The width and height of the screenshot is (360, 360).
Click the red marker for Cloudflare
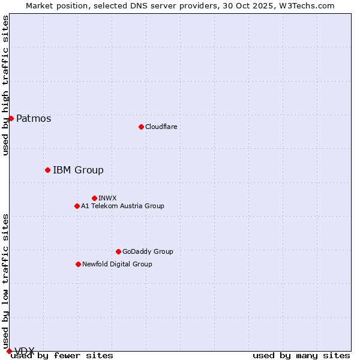pyautogui.click(x=141, y=127)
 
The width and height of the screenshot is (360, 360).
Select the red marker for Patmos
pyautogui.click(x=11, y=118)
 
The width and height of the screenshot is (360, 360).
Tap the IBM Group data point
pyautogui.click(x=47, y=170)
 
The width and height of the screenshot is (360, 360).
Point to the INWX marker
pyautogui.click(x=94, y=198)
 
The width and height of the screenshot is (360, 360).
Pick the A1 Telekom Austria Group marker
pyautogui.click(x=77, y=206)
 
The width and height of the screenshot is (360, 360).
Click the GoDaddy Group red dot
pyautogui.click(x=118, y=251)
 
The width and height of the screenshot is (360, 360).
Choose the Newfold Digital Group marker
pyautogui.click(x=78, y=264)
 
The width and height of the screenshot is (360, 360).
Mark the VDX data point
pyautogui.click(x=9, y=351)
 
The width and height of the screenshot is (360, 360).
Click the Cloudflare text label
pyautogui.click(x=161, y=127)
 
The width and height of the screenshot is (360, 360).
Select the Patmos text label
pyautogui.click(x=34, y=118)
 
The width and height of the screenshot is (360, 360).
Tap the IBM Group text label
pyautogui.click(x=78, y=170)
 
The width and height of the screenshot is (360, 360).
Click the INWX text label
pyautogui.click(x=107, y=198)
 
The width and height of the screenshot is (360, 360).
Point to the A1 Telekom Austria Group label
pyautogui.click(x=122, y=206)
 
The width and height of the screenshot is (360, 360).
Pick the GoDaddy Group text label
pyautogui.click(x=148, y=251)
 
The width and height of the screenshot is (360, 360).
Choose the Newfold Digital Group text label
pyautogui.click(x=117, y=264)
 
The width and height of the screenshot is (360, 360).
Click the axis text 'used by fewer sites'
pyautogui.click(x=62, y=355)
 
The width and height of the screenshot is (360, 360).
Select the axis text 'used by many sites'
pyautogui.click(x=301, y=355)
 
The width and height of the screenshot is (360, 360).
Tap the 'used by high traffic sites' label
pyautogui.click(x=5, y=85)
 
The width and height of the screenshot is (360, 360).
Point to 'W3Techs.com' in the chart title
pyautogui.click(x=310, y=5)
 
